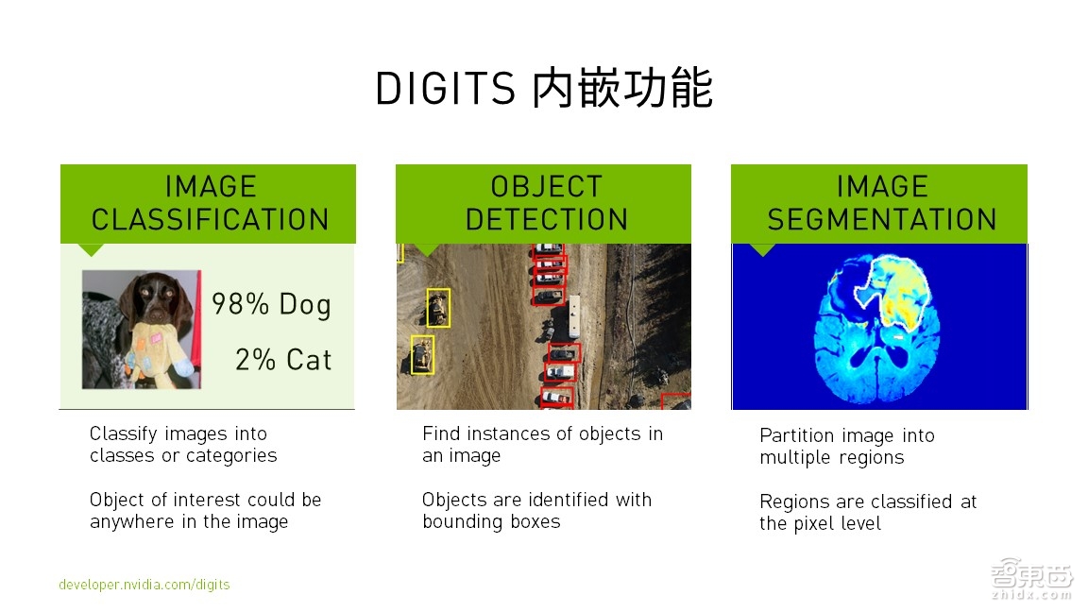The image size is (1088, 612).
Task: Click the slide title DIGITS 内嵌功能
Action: [x=543, y=89]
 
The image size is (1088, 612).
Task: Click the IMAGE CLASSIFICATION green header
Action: [x=209, y=203]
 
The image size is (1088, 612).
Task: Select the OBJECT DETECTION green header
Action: [x=544, y=203]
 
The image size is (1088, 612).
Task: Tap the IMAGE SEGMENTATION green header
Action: [x=880, y=203]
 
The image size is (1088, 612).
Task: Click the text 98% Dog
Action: [x=271, y=304]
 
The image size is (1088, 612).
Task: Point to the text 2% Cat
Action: [x=283, y=360]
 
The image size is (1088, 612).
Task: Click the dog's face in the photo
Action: [x=151, y=300]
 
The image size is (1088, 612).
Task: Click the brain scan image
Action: [x=878, y=326]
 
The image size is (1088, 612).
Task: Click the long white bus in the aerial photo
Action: [x=573, y=316]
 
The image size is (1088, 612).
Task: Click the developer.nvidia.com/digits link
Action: [x=144, y=585]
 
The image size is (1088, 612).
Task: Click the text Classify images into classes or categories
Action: [x=183, y=445]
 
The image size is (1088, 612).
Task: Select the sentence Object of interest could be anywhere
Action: [x=205, y=511]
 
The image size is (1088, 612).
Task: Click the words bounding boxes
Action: [x=491, y=522]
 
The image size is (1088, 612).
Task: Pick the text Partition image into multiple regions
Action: [x=846, y=447]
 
